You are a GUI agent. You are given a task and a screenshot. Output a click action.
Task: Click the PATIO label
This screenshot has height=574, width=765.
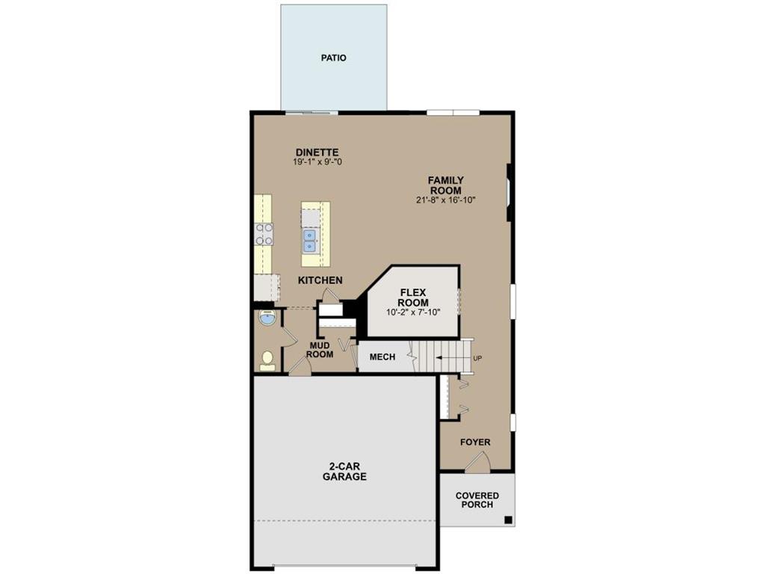[x=334, y=58]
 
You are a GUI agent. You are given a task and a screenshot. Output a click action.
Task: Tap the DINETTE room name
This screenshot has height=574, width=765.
[x=317, y=152]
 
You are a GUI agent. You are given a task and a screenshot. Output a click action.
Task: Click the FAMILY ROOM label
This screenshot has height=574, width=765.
[x=445, y=185]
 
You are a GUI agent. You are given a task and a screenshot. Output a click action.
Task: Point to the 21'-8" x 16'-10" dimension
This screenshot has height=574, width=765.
[x=446, y=200]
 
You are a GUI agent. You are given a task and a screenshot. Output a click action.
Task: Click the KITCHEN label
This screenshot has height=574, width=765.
[x=320, y=280]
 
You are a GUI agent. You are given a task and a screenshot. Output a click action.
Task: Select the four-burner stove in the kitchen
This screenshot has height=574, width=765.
[x=264, y=235]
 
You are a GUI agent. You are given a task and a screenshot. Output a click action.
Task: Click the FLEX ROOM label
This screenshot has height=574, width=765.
[x=413, y=297]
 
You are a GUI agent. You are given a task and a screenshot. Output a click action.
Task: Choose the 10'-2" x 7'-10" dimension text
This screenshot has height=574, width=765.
[x=413, y=312]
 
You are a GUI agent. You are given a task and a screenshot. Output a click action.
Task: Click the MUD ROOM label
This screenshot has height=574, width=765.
[x=320, y=350]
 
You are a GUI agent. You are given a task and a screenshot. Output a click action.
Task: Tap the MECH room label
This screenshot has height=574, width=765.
[x=382, y=357]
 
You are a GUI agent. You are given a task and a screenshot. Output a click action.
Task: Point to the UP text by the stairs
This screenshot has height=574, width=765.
[x=478, y=359]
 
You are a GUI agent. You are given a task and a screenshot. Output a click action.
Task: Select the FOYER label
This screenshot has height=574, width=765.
[x=475, y=442]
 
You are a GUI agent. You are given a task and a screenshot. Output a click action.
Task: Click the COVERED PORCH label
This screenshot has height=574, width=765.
[x=477, y=500]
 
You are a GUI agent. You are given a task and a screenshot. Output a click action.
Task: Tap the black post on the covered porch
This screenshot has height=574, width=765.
[x=507, y=521]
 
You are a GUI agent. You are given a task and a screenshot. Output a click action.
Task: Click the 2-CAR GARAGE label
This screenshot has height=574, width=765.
[x=344, y=471]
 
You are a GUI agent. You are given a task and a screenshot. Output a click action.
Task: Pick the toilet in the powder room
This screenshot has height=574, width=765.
[x=267, y=360]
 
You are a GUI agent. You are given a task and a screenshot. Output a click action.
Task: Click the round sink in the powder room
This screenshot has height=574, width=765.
[x=267, y=319]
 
